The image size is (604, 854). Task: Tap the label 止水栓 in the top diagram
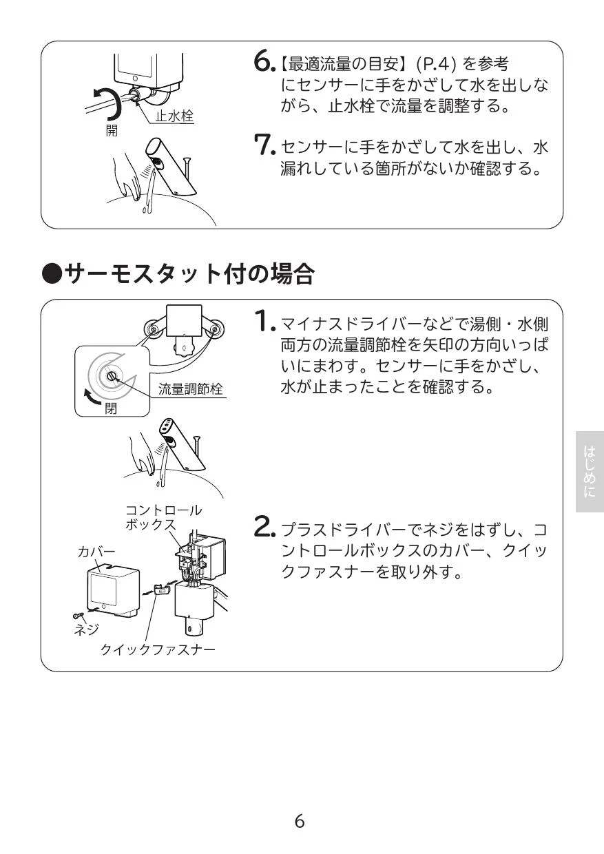point(174,117)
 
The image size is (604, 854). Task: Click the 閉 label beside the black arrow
point(110,408)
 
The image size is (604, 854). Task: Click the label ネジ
point(87,629)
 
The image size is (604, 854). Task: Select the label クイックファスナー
point(158,649)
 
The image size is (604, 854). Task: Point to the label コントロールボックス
point(163,517)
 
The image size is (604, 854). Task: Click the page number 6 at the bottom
point(300,821)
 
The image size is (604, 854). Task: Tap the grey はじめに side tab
point(590,472)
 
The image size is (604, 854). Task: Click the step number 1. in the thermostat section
point(264,320)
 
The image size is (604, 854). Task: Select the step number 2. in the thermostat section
point(264,529)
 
